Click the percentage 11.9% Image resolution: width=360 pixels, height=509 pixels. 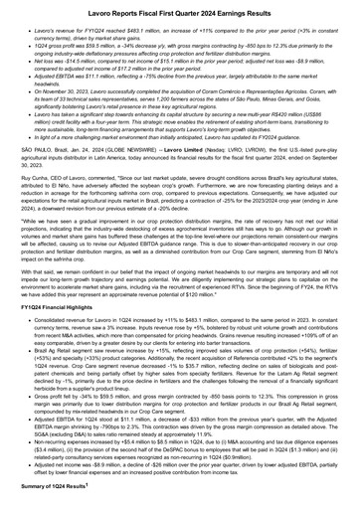tap(192, 434)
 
